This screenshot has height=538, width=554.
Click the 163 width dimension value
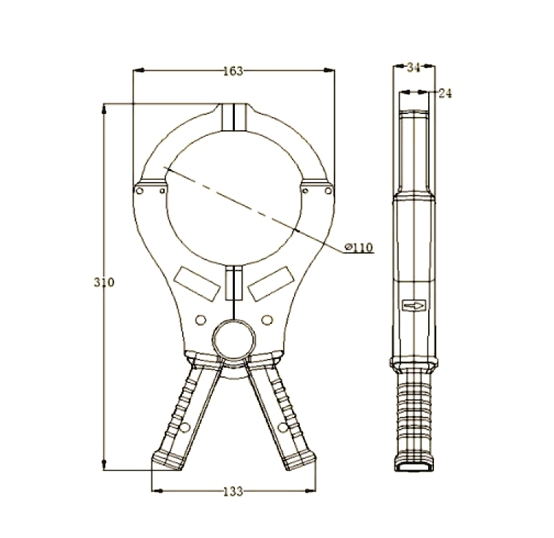pyautogui.click(x=233, y=71)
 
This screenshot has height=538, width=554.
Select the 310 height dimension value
pyautogui.click(x=104, y=282)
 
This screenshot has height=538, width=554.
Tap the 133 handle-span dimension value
pyautogui.click(x=232, y=491)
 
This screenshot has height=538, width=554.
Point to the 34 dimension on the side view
pyautogui.click(x=413, y=67)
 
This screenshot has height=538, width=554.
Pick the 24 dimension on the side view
pyautogui.click(x=445, y=93)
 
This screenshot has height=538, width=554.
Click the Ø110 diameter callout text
pyautogui.click(x=359, y=248)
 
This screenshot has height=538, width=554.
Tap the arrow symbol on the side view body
pyautogui.click(x=413, y=304)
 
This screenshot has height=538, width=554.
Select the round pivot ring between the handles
pyautogui.click(x=234, y=340)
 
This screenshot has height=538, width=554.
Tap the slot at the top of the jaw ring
pyautogui.click(x=233, y=116)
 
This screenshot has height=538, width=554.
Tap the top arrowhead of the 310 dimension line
pyautogui.click(x=105, y=108)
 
